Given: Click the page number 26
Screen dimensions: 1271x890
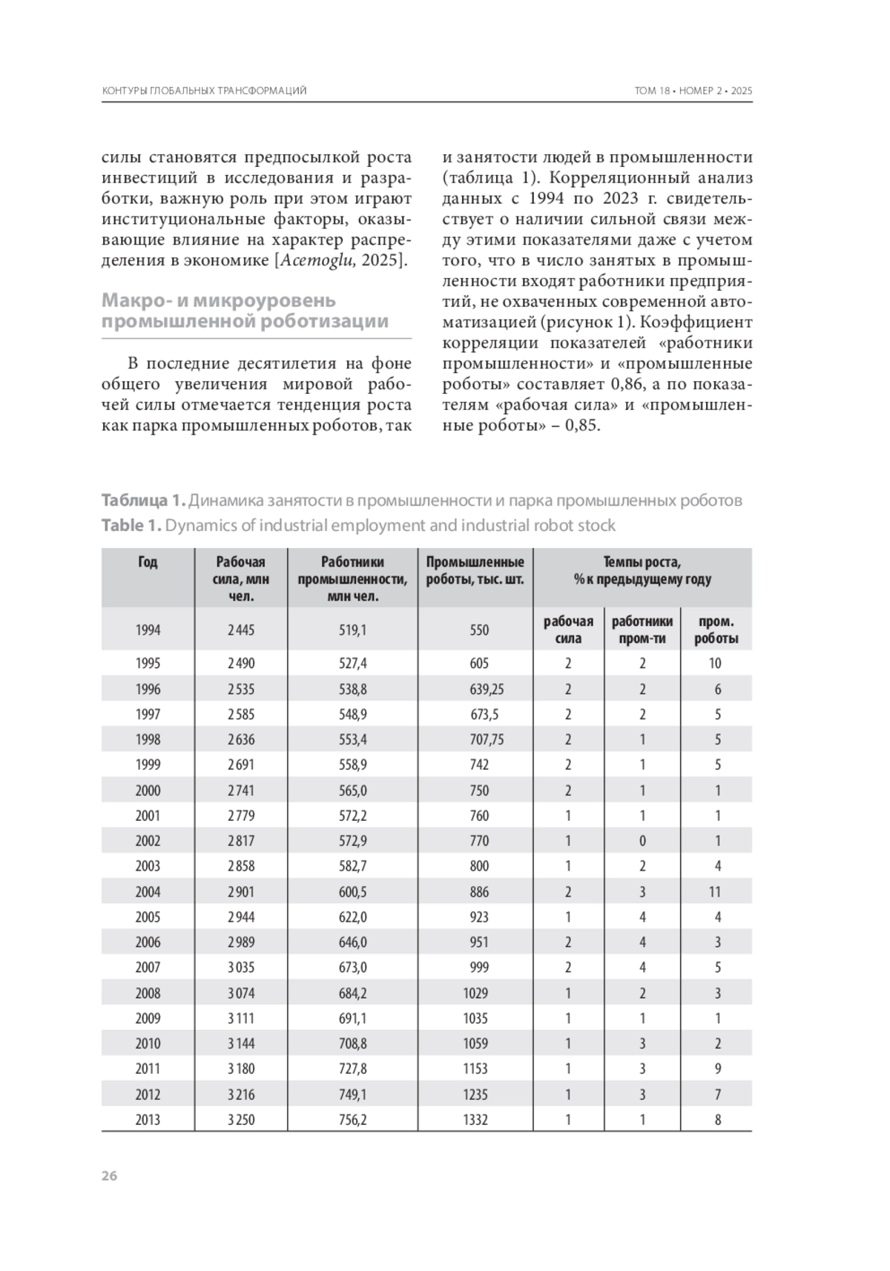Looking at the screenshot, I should tap(109, 1175).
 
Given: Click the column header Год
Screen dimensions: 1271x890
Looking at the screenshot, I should tap(148, 563).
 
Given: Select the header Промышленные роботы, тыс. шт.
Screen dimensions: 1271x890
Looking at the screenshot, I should tap(475, 570).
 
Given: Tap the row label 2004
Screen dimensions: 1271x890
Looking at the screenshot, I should tap(148, 891).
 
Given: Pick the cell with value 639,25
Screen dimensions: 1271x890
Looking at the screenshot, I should tap(486, 689).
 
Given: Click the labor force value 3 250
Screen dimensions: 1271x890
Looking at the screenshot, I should tap(241, 1120).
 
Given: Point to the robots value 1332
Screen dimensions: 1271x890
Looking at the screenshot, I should tap(475, 1120).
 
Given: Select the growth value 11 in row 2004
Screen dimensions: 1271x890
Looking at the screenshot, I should tap(715, 891).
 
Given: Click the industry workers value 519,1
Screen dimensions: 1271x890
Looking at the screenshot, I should tap(352, 630).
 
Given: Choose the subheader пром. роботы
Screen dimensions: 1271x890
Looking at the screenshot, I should tap(716, 630).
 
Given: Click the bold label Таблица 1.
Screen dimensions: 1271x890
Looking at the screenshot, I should tap(142, 501).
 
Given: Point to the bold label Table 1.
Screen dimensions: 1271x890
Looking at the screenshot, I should tap(131, 526).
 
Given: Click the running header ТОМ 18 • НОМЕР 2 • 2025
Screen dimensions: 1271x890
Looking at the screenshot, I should tap(693, 91).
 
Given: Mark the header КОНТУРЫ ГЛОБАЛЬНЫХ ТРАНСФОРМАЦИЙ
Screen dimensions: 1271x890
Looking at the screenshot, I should tap(204, 91).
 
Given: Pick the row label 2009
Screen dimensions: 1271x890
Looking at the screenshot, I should tap(148, 1018).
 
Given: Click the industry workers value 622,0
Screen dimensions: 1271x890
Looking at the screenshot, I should tap(352, 917).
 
